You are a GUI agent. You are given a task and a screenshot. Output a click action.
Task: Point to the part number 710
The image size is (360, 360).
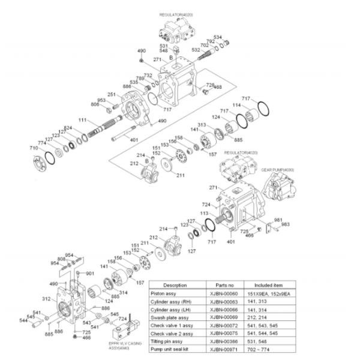point(34,148)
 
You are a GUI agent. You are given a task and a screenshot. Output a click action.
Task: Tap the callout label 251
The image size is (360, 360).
point(112,94)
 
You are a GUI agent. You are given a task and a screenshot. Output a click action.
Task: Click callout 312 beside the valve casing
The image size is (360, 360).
point(46,298)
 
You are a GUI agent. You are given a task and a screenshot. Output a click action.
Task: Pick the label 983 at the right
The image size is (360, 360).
point(286,224)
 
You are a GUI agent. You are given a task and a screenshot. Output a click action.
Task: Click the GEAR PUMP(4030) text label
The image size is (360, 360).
point(274,170)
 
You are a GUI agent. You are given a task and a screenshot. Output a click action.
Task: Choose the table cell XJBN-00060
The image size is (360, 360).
point(221,294)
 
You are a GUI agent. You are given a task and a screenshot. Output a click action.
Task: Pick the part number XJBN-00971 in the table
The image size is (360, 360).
point(221,349)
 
